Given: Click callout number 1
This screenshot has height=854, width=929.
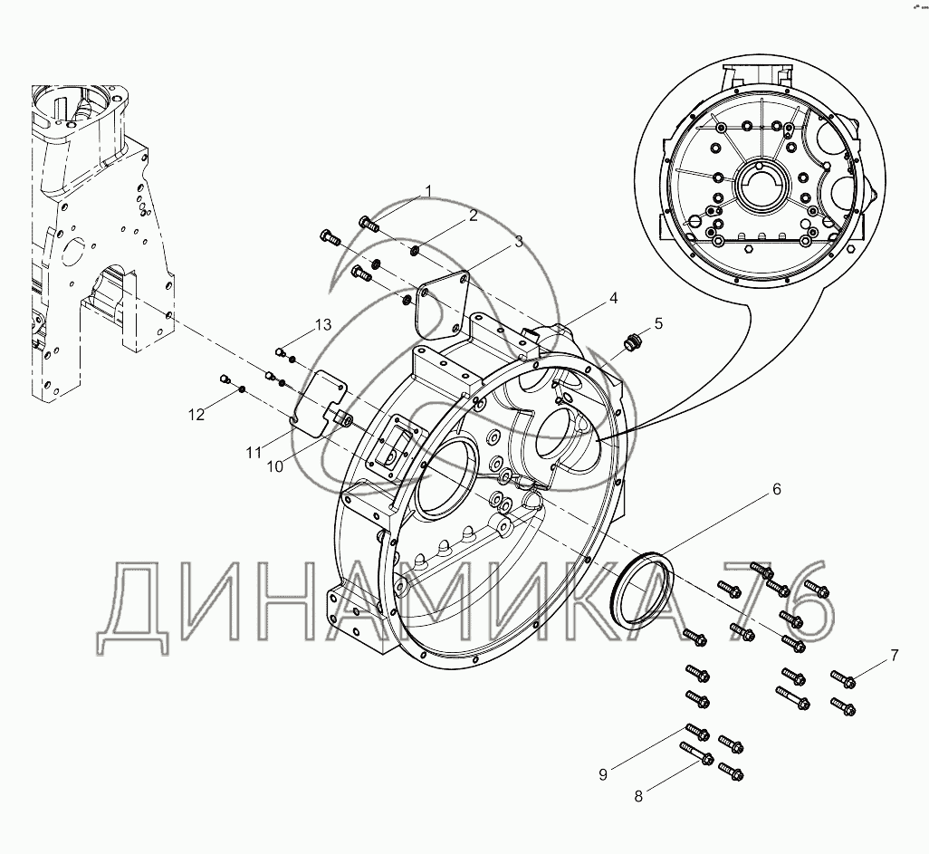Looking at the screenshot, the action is point(429,190).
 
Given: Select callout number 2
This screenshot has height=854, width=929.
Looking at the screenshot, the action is point(473,216).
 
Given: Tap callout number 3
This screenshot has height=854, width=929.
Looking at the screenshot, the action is point(519,242).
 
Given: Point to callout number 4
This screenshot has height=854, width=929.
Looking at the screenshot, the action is point(613,298).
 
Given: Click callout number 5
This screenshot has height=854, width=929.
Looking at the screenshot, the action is point(658,323).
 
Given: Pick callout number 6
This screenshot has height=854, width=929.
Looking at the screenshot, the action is point(776,489).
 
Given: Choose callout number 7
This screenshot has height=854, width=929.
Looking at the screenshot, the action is point(894,655).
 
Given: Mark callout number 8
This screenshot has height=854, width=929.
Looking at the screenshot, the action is point(638,797).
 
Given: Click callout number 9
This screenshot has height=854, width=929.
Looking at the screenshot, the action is point(603,774).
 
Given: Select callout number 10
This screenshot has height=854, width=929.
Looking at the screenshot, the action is point(275,466).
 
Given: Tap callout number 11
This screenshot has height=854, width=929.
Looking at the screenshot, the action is point(254,453).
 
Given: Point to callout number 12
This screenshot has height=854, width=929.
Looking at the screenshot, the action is point(196,415).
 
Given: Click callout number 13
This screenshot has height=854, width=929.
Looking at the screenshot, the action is point(323,325).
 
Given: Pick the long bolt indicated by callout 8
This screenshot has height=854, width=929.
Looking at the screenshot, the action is point(695,753).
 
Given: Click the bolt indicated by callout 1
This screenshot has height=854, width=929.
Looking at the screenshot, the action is point(369,225).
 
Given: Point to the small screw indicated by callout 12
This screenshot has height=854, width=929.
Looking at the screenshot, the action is point(225,379).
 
